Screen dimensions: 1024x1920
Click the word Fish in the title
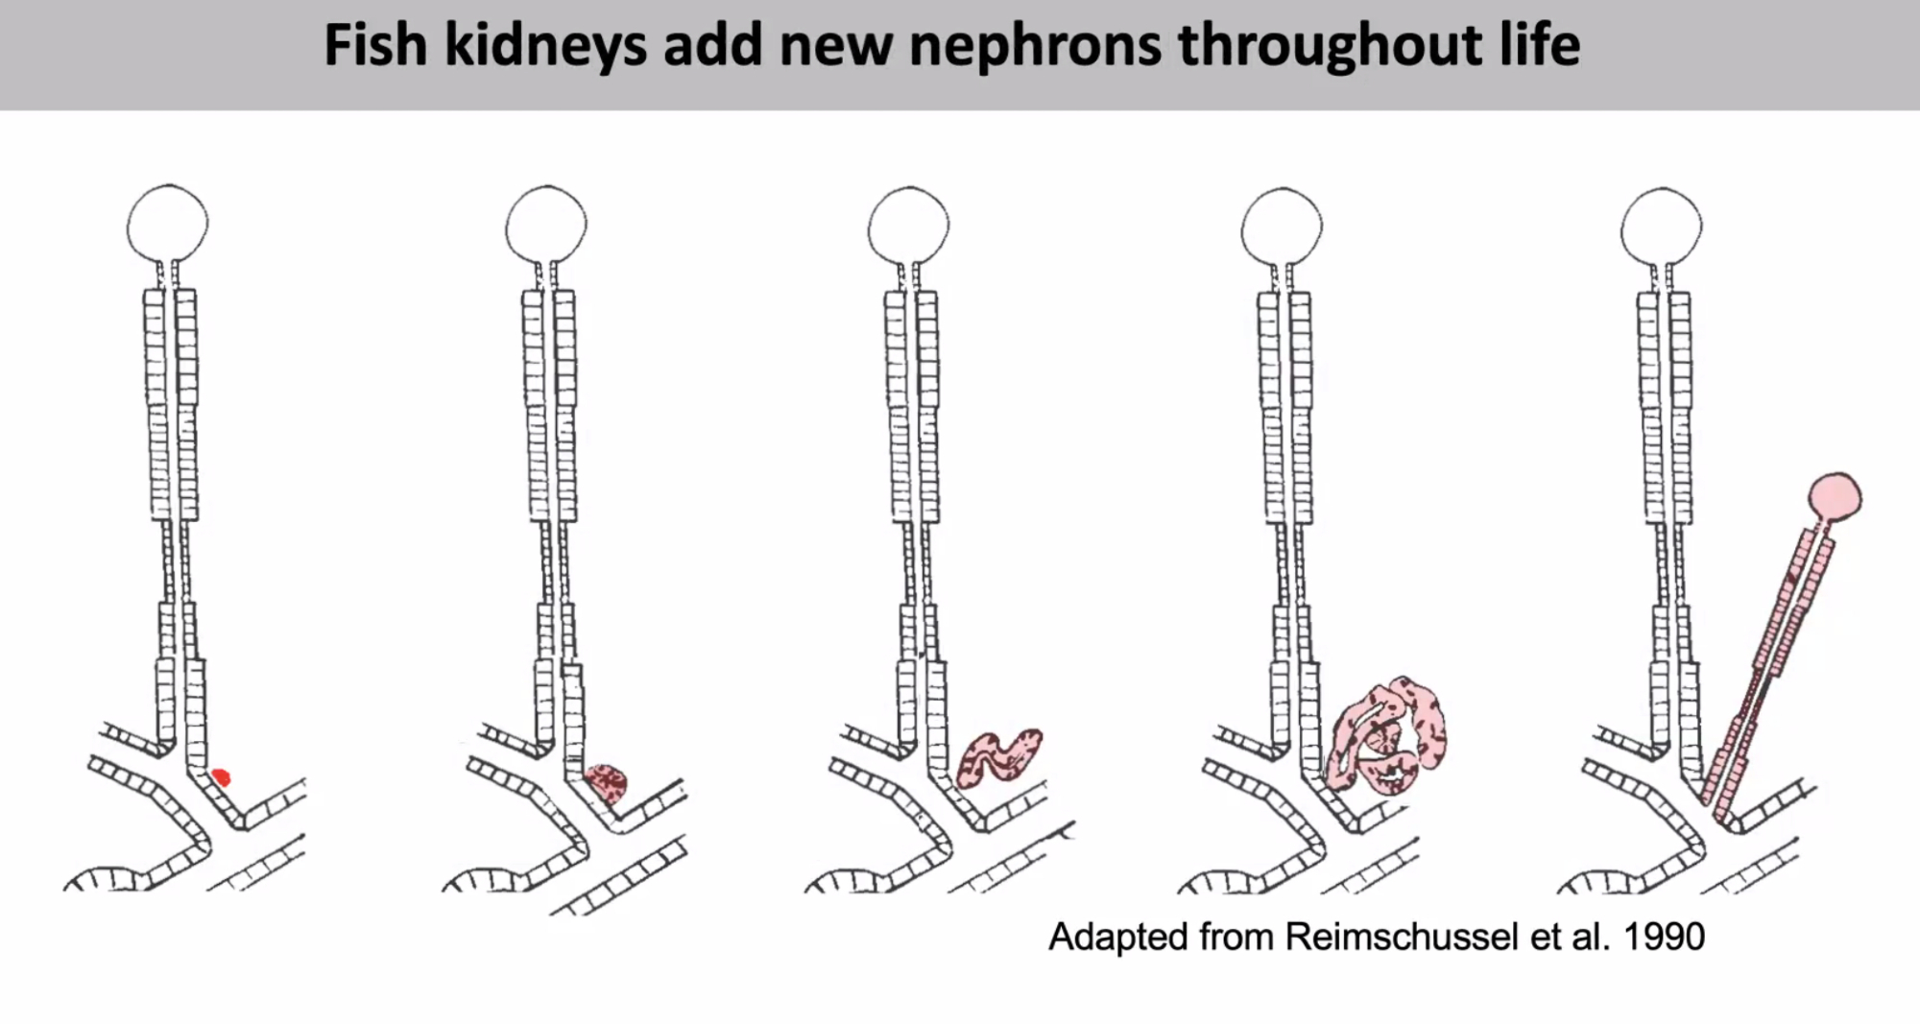coord(375,45)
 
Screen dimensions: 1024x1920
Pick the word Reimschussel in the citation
coord(1403,937)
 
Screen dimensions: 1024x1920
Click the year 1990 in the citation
coord(1663,937)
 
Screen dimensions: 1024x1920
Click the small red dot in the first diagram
coord(222,776)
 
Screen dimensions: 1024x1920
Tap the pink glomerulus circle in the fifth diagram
coord(1835,497)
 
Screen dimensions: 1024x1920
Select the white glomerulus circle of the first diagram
coord(167,224)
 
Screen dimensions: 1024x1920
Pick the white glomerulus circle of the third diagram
coord(908,226)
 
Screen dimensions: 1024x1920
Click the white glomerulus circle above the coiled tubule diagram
coord(1281,227)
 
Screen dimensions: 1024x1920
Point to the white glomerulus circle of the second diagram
coord(545,225)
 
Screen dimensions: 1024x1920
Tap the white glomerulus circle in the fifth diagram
coord(1661,227)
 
